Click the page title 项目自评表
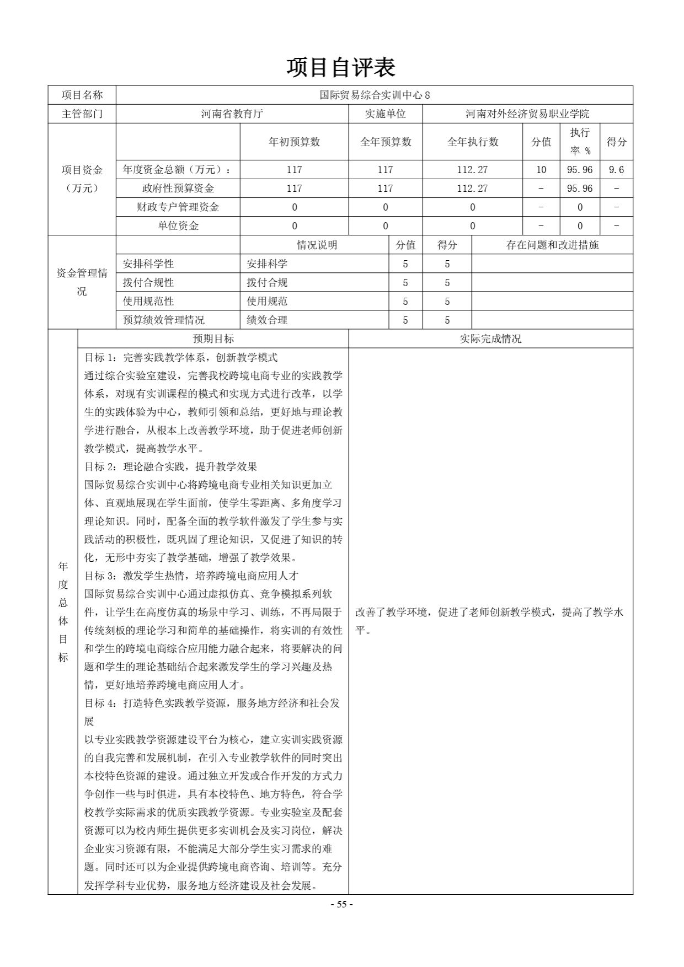coord(341,67)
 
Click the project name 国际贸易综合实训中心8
coord(375,95)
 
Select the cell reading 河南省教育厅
coord(232,114)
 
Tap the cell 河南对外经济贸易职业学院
coord(527,114)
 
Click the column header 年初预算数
coord(294,142)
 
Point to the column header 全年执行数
coord(472,142)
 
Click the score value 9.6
coord(616,170)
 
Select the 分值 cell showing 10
coord(541,170)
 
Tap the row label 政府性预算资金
coord(178,189)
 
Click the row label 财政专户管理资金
coord(178,207)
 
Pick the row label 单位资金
coord(178,226)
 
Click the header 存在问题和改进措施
coord(552,245)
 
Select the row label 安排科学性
coord(148,264)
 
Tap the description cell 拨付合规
coord(267,283)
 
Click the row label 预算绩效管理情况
coord(163,320)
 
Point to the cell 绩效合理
coord(267,320)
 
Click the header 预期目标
coord(213,339)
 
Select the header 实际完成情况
coord(490,339)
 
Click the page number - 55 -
coord(341,904)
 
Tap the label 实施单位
coord(385,114)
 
